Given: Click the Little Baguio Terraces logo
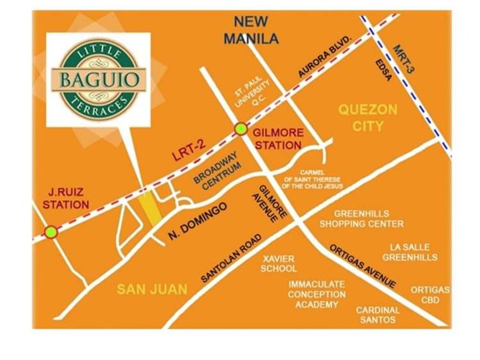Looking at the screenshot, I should coord(97,79).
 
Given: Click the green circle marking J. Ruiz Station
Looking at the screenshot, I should coord(50,232).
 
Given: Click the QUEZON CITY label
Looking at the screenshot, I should coord(367,117).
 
